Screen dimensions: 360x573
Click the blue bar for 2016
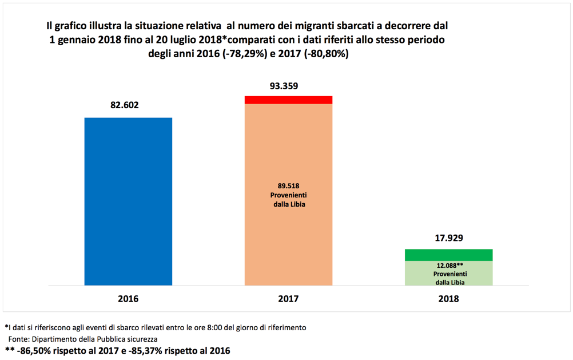128,201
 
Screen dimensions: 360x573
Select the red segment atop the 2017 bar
288,100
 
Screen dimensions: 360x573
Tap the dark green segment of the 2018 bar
448,255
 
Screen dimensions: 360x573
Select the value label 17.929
448,239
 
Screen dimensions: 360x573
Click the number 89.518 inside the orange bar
289,185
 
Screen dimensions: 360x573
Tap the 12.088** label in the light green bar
449,266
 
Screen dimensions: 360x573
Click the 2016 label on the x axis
128,299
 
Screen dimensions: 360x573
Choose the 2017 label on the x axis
288,299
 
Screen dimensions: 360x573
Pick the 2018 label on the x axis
448,299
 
